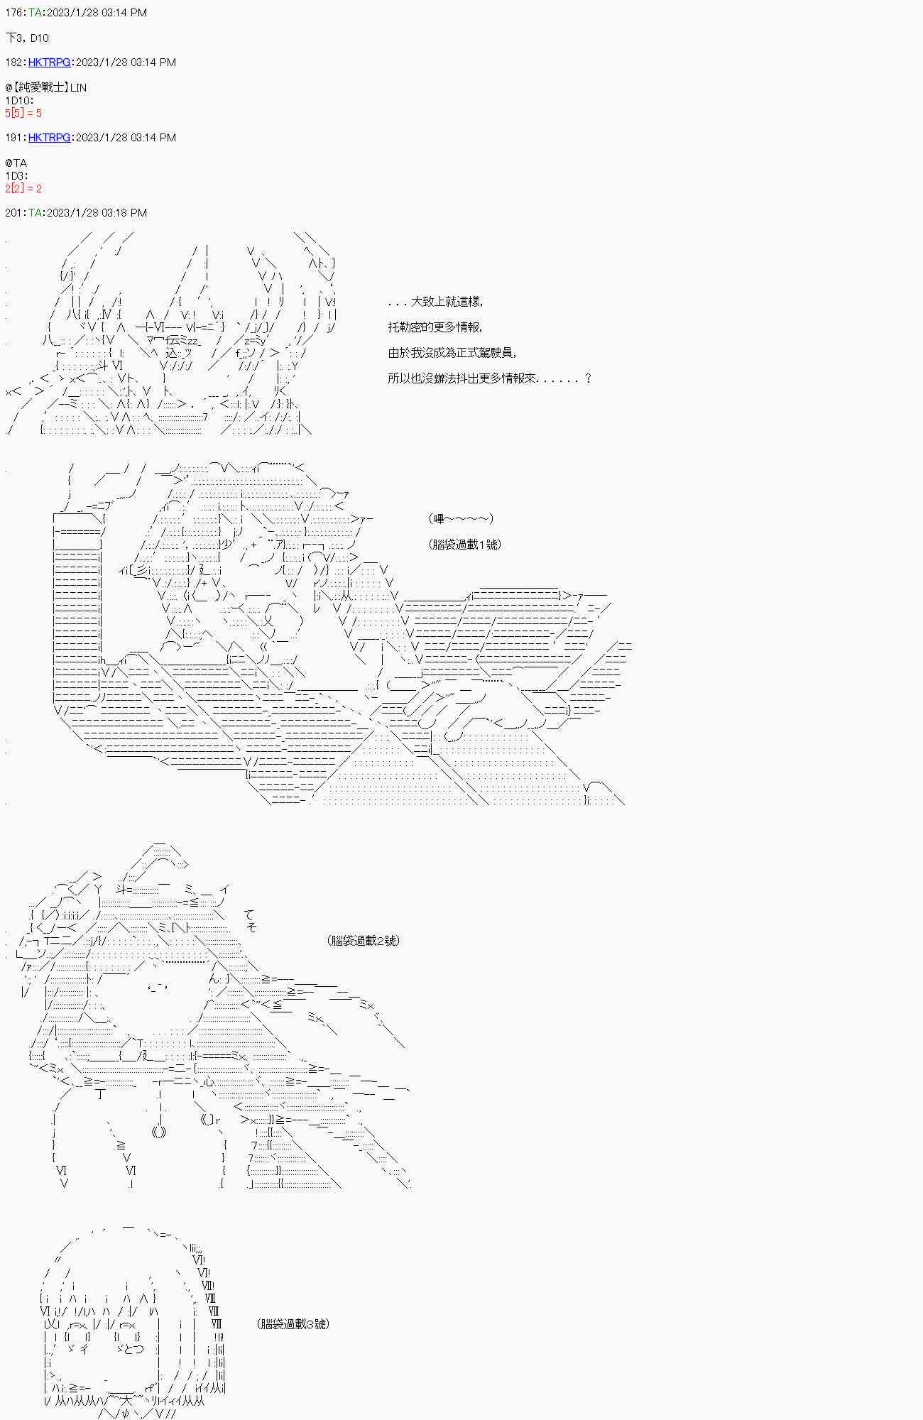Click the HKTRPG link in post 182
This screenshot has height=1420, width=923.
click(49, 62)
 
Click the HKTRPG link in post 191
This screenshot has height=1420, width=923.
click(49, 138)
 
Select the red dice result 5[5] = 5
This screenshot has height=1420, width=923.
click(23, 114)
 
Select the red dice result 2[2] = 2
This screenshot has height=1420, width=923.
click(23, 189)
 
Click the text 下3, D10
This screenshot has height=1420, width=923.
click(27, 38)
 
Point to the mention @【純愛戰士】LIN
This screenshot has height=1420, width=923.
click(46, 88)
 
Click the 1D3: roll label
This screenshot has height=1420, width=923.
click(16, 176)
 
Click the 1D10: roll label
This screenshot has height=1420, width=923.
click(18, 101)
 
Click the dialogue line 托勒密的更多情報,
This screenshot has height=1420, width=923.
click(435, 327)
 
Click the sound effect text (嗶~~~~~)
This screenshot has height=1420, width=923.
click(461, 519)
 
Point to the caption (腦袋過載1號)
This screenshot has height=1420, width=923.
click(465, 545)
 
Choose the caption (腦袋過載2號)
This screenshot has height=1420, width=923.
click(364, 941)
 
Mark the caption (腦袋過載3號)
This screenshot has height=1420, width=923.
click(293, 1324)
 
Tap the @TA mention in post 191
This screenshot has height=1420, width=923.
click(16, 163)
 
